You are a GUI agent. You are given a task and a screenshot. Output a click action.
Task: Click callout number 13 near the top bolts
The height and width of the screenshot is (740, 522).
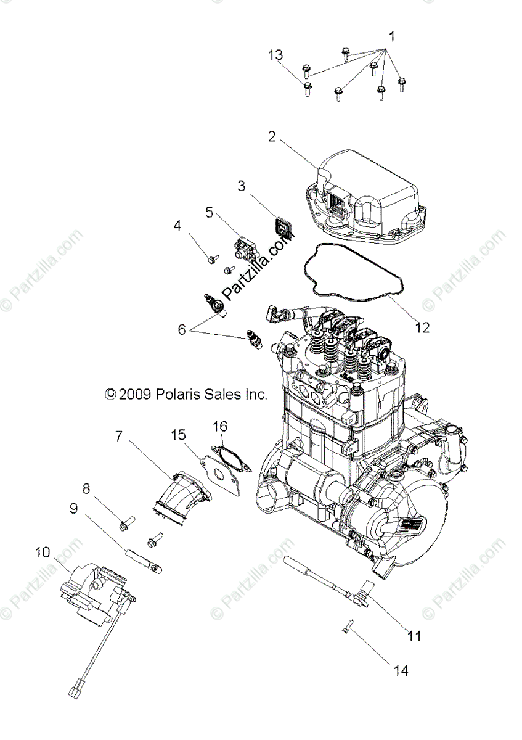tap(275, 55)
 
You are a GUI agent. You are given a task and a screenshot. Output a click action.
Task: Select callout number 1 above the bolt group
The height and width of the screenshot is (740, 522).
tap(390, 37)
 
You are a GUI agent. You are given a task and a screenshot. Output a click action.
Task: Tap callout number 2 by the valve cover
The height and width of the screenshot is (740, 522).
tap(271, 136)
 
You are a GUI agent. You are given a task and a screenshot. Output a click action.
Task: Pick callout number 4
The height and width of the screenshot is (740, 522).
tap(177, 226)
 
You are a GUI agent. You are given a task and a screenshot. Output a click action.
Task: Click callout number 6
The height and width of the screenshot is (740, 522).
tap(182, 330)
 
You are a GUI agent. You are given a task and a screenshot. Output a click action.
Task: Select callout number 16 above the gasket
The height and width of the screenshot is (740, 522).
tap(220, 426)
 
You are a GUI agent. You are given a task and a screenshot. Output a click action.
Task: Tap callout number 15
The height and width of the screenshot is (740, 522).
tap(178, 435)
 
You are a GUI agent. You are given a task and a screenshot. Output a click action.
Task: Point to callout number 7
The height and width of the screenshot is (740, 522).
tap(118, 437)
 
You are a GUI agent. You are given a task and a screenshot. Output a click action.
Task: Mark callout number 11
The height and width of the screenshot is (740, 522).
tap(415, 636)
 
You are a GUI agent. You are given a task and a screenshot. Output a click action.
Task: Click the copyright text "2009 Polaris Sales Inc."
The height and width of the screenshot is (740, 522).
tap(185, 394)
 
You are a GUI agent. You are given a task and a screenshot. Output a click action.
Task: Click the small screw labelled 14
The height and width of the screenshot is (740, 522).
tap(347, 627)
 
